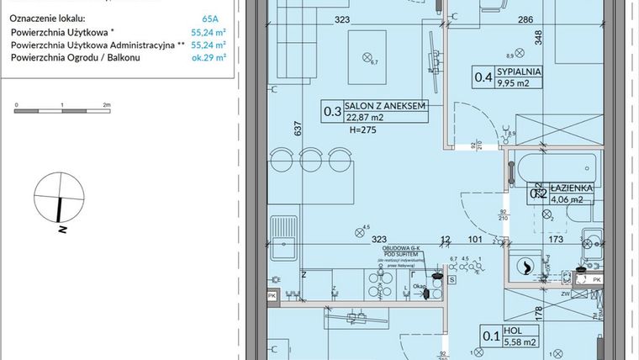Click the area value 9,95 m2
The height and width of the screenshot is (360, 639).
515,84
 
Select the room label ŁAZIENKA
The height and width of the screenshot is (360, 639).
573,188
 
